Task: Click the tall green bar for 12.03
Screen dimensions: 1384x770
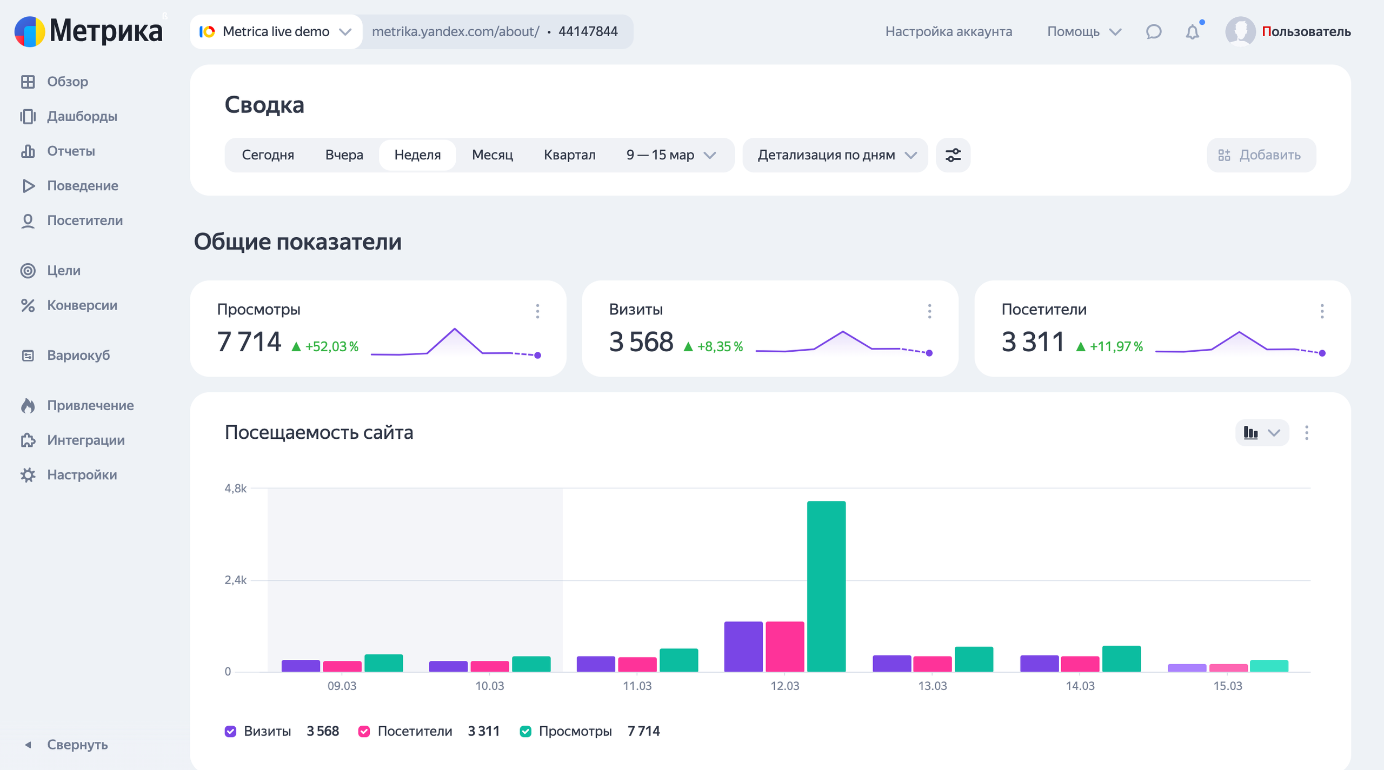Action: coord(826,586)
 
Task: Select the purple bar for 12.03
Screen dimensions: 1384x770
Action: coord(743,646)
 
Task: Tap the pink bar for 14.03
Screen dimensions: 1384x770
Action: coord(1080,664)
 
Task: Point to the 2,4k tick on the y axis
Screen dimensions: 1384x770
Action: coord(236,580)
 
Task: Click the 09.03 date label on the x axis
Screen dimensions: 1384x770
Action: coord(342,686)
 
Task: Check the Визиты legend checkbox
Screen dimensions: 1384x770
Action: coord(230,731)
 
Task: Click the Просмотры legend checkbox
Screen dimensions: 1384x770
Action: coord(525,731)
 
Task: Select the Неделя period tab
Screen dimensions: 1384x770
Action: coord(417,155)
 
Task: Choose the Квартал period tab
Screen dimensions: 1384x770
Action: coord(569,155)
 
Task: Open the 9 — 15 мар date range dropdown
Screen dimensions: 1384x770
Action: coord(671,155)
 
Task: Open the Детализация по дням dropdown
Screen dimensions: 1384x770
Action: coord(836,155)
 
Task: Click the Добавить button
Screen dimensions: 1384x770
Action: coord(1261,155)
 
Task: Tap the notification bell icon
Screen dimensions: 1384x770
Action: coord(1193,32)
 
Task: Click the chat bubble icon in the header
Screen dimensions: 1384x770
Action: coord(1154,32)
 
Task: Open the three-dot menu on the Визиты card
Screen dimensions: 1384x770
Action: coord(929,311)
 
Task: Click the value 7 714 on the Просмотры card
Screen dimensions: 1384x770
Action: coord(249,342)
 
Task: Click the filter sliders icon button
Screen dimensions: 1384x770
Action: coord(953,155)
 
